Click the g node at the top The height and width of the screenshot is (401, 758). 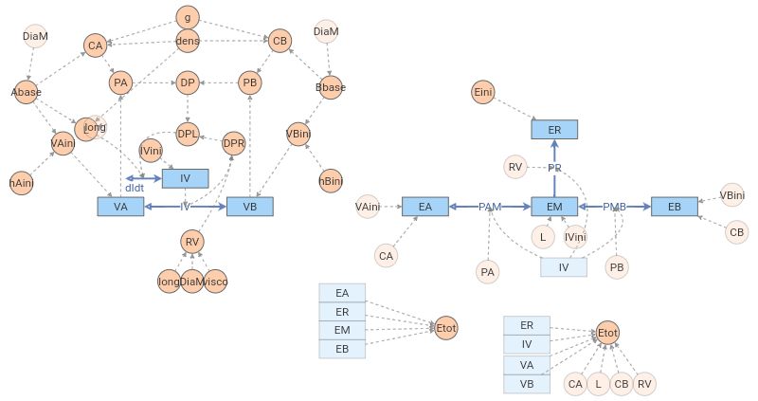click(x=188, y=17)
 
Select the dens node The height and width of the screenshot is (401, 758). click(x=188, y=42)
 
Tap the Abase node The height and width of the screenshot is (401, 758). click(x=27, y=92)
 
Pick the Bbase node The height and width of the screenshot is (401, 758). click(x=331, y=88)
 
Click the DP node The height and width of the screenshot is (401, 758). click(x=188, y=83)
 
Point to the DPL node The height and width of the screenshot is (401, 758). click(x=188, y=134)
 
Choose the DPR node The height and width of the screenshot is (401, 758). click(x=234, y=144)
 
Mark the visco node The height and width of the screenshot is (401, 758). click(x=216, y=282)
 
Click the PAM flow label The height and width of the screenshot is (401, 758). click(x=490, y=207)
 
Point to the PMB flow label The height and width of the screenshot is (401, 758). click(x=615, y=207)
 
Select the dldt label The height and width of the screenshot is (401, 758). click(x=135, y=188)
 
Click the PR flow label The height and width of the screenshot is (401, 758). click(x=555, y=168)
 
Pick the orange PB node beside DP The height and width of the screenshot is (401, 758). click(x=250, y=83)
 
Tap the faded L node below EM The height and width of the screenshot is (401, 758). click(x=543, y=236)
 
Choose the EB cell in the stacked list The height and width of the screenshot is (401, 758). click(x=342, y=348)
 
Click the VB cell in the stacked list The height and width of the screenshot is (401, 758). click(x=526, y=383)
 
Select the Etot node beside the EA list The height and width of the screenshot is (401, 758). click(x=446, y=328)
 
